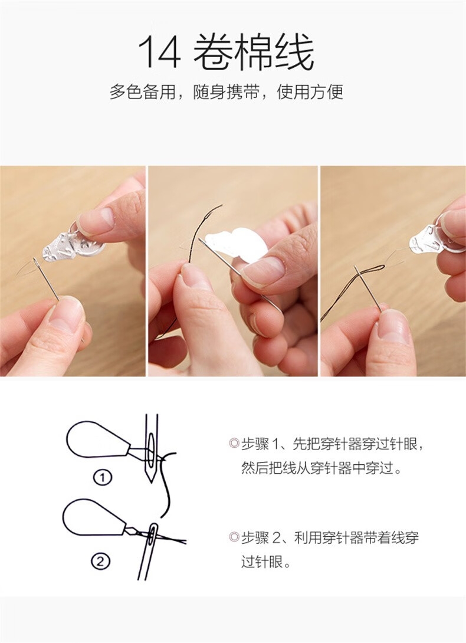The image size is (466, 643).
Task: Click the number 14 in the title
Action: tap(159, 52)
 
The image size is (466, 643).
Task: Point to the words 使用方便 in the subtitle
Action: tap(310, 92)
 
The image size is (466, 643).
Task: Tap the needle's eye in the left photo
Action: tap(36, 262)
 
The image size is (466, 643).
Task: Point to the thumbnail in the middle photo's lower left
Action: tap(195, 277)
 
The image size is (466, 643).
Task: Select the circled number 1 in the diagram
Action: tap(103, 478)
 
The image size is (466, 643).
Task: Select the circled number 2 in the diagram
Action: tap(101, 562)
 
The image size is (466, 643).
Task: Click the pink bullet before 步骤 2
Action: tap(234, 537)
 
